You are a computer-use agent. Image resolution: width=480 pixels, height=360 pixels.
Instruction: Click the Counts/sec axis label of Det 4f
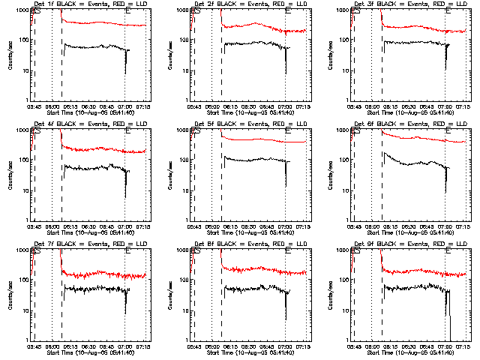click(x=10, y=175)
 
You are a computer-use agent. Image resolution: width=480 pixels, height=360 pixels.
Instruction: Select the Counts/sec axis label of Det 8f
click(x=169, y=295)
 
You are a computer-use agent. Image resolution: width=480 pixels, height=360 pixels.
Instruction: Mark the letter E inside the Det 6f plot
click(x=447, y=133)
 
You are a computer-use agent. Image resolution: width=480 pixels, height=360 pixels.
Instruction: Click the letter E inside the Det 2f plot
click(x=287, y=13)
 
